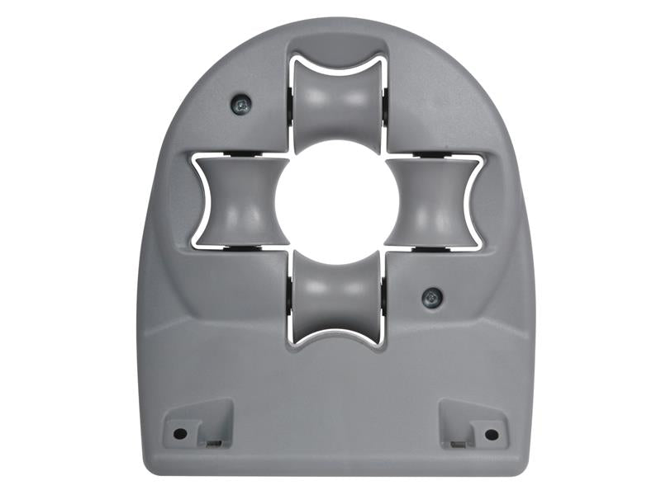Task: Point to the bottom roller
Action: (x=336, y=304)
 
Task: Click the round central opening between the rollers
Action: (x=336, y=202)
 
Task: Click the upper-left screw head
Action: (x=240, y=104)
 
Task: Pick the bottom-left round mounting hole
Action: (x=179, y=433)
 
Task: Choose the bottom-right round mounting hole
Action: (x=491, y=434)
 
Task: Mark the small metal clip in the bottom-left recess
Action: (x=214, y=444)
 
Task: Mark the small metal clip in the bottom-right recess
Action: (x=457, y=444)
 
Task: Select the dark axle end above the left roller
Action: (x=240, y=156)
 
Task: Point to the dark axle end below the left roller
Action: (x=240, y=247)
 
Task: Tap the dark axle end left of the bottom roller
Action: (x=291, y=305)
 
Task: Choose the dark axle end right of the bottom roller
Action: (x=383, y=305)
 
